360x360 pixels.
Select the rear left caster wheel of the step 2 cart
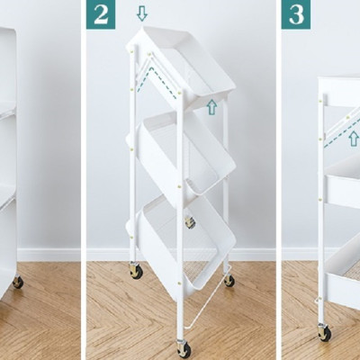tap(136, 269)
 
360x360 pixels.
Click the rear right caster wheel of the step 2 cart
tap(229, 280)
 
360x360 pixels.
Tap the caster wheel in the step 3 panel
tap(324, 332)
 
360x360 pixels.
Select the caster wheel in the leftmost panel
tap(17, 282)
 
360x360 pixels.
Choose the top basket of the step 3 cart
tap(340, 94)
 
